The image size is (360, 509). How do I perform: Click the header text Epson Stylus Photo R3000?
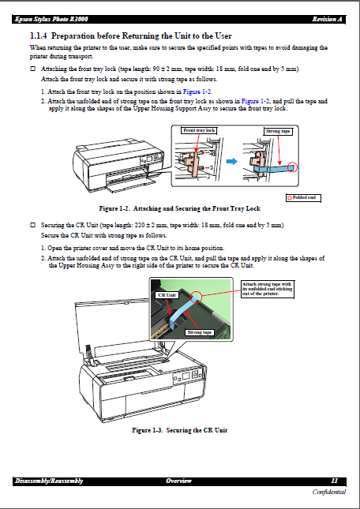[49, 19]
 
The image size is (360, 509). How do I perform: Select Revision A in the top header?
[327, 19]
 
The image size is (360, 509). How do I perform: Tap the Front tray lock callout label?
[199, 129]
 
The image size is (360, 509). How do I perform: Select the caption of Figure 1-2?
[179, 208]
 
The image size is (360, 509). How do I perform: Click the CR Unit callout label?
[166, 294]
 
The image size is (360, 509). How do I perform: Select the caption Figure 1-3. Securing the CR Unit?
[179, 430]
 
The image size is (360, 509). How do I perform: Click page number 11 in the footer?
[334, 481]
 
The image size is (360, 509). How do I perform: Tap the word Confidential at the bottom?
[328, 492]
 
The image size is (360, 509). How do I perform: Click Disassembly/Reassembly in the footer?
[49, 481]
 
